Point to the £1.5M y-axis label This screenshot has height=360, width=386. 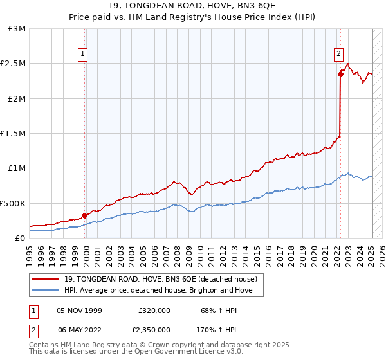(13, 134)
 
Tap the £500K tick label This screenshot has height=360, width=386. (13, 203)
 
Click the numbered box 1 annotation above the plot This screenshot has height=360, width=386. (84, 55)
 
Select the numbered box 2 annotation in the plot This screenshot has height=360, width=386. (338, 55)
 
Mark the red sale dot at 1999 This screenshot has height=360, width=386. (84, 215)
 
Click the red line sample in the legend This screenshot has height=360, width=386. (46, 279)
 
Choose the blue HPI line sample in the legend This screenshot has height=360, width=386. (46, 290)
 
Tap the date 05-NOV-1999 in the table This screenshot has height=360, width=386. (79, 310)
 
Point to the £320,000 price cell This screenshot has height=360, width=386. (154, 310)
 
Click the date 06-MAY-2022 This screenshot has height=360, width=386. (79, 329)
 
